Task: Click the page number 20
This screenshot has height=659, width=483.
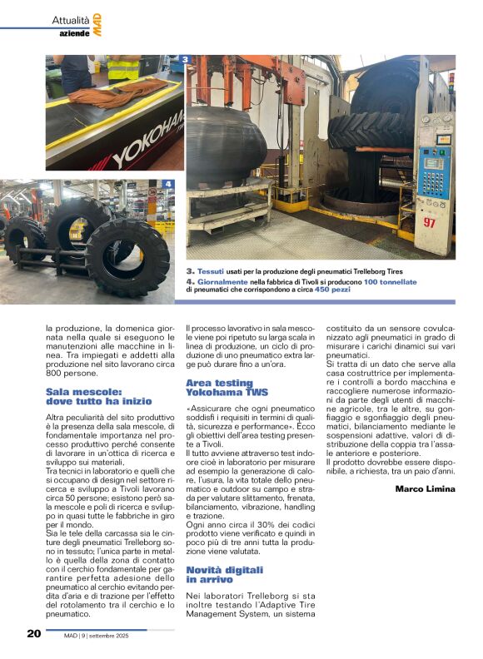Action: pyautogui.click(x=33, y=634)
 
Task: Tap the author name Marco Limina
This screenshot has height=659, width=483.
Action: pyautogui.click(x=426, y=488)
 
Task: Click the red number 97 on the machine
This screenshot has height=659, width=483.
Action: pyautogui.click(x=429, y=223)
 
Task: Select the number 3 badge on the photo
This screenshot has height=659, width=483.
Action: pyautogui.click(x=185, y=60)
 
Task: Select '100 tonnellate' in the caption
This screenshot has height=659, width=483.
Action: pyautogui.click(x=390, y=281)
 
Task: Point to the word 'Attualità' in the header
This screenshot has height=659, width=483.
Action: pyautogui.click(x=70, y=19)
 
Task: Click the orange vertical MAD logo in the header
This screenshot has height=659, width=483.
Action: pyautogui.click(x=97, y=24)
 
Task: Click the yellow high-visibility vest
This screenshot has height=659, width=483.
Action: pyautogui.click(x=124, y=67)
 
